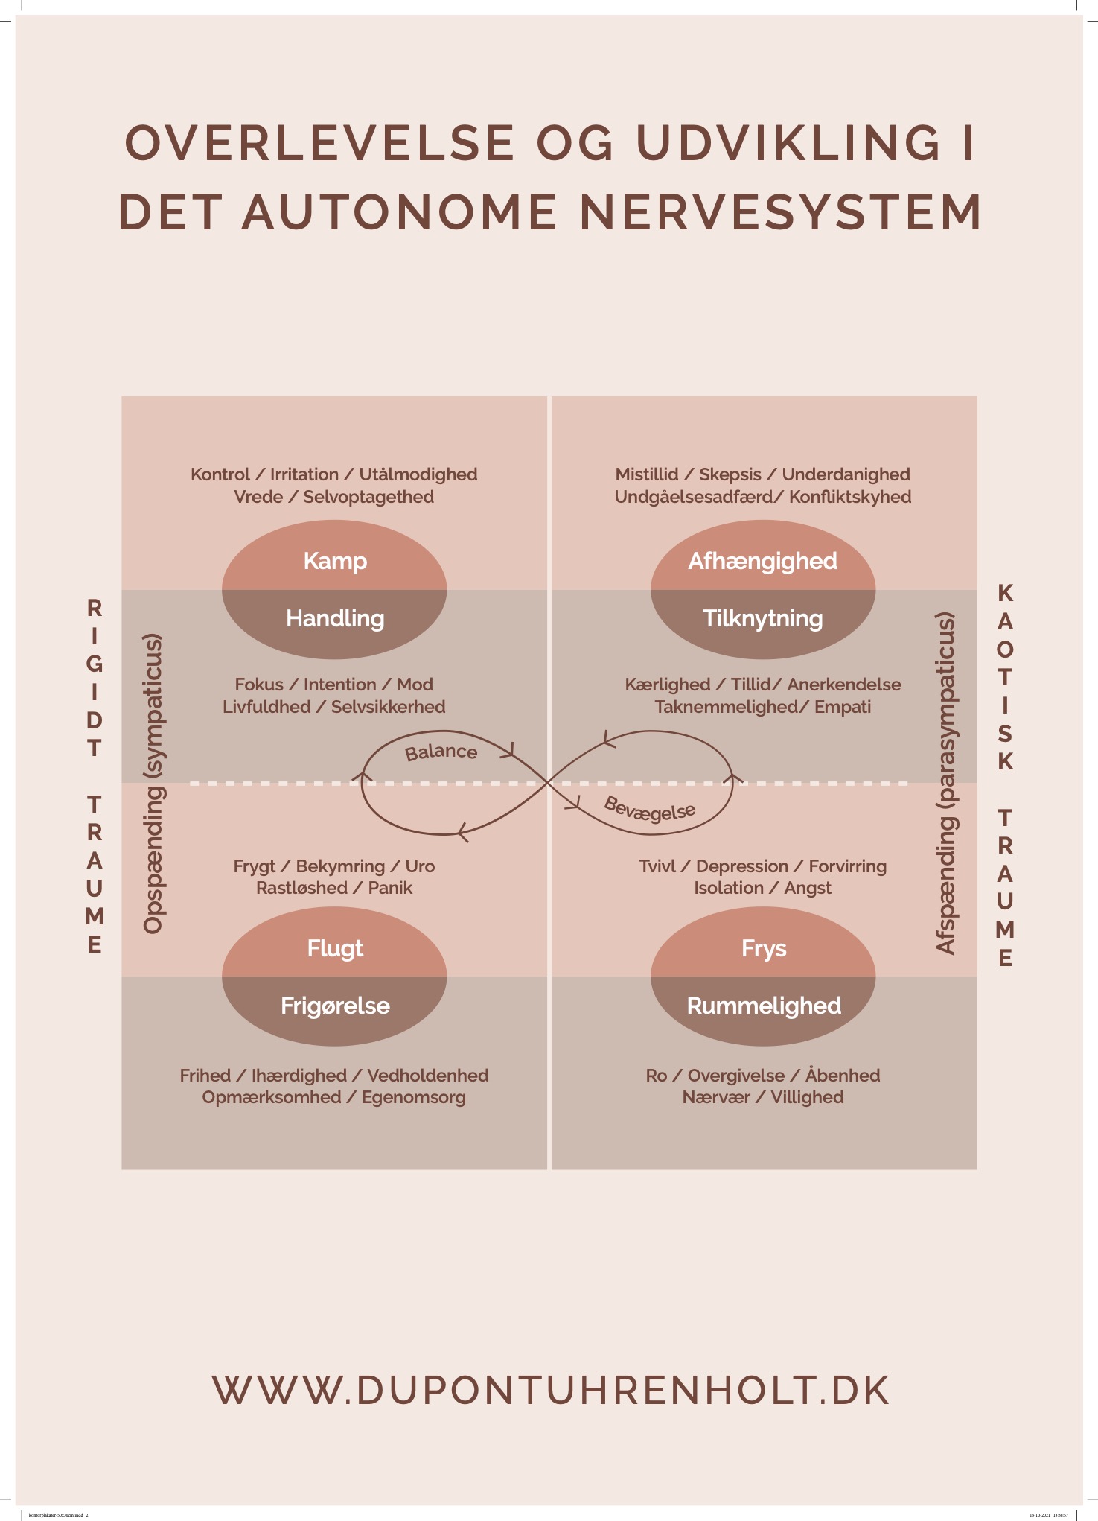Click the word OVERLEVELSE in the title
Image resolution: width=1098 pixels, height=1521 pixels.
[320, 142]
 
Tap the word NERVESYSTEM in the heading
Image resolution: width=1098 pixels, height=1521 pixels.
[781, 212]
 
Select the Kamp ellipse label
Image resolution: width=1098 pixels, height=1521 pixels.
[335, 561]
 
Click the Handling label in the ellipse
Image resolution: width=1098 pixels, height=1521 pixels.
[335, 618]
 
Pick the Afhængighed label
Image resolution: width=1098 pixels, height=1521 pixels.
[763, 561]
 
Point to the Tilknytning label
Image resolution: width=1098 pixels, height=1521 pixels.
[763, 618]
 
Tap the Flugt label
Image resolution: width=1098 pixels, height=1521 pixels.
[335, 948]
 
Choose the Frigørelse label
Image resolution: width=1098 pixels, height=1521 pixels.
[335, 1006]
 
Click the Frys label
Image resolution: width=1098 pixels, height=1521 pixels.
[764, 948]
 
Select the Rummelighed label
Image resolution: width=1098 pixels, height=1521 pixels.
[764, 1006]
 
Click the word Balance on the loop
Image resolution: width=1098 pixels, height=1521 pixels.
[441, 752]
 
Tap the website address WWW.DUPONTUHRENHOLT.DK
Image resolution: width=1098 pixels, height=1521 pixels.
[551, 1391]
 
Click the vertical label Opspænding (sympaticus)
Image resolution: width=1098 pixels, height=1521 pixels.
[153, 784]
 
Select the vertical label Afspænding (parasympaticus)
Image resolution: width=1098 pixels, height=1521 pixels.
[945, 783]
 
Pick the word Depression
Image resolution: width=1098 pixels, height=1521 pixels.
[741, 866]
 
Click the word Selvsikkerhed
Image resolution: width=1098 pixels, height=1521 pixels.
[388, 707]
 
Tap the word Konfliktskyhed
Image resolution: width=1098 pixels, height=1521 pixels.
[850, 497]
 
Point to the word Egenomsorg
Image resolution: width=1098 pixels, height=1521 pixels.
[414, 1097]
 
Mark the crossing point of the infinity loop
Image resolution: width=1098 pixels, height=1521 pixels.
[549, 783]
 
